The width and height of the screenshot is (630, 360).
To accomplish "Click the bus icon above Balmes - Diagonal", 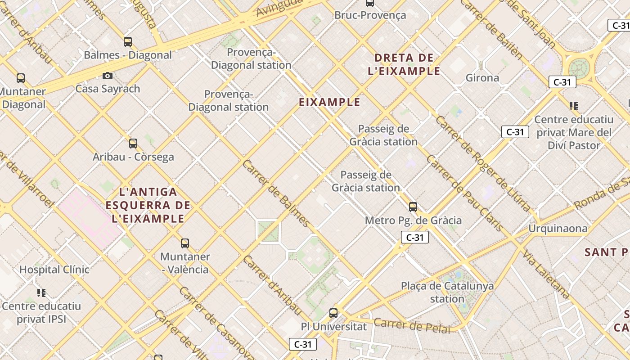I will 128,42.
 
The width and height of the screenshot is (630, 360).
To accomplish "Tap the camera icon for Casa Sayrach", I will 107,76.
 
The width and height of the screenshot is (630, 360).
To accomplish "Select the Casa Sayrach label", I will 108,89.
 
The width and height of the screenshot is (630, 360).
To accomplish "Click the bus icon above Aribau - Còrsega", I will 133,144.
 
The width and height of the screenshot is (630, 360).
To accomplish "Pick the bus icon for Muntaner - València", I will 185,243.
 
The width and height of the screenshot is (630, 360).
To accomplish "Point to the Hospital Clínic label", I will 54,270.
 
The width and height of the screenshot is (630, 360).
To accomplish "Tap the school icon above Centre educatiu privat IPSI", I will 42,293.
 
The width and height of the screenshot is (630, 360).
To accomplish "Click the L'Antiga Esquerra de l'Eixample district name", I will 148,205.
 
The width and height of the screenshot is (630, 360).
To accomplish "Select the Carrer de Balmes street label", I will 276,193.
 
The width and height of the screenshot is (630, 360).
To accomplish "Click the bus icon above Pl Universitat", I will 333,313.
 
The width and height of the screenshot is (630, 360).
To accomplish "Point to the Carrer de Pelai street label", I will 412,325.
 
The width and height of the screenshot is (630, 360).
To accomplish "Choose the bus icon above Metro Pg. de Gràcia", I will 413,207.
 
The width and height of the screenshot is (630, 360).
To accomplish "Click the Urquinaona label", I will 558,229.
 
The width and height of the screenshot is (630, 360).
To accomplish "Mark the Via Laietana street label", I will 546,274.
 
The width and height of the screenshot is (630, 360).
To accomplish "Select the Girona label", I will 482,78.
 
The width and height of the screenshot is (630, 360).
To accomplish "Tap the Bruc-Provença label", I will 370,15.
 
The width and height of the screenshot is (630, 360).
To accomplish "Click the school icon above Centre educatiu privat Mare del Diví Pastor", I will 574,106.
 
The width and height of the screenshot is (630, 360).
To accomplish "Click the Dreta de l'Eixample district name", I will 404,64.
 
